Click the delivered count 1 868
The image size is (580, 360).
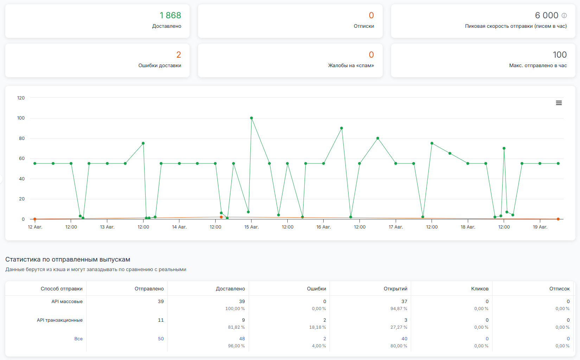coord(170,15)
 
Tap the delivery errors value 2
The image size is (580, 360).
coord(179,55)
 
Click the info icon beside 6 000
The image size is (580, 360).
coord(564,15)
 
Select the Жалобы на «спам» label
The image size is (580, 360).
coord(351,65)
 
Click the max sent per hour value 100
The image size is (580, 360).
coord(560,55)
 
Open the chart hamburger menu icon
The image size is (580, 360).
coord(559,103)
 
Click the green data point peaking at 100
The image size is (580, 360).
coord(251,118)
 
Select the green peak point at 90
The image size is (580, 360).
coord(342,128)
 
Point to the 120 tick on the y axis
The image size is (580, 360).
coord(21,98)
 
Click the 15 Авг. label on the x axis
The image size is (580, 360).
coord(251,227)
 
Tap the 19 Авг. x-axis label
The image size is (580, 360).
coord(540,227)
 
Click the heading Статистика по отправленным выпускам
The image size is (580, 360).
coord(68,259)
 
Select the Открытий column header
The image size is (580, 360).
coord(395,289)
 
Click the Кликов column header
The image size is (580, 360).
coord(480,289)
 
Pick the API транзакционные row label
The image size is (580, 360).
coord(60,320)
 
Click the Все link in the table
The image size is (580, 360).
coord(78,339)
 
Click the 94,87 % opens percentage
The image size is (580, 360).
coord(399,309)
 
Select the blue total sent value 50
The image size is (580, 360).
coord(161,339)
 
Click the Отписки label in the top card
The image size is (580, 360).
coord(364,26)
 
